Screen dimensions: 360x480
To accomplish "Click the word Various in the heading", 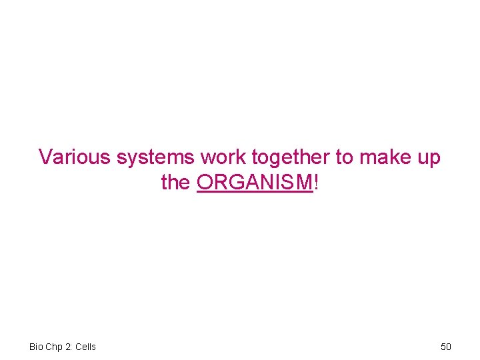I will click(x=75, y=157).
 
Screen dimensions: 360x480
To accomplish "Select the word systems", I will click(x=155, y=158).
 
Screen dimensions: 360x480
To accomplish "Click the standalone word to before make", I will click(x=344, y=157).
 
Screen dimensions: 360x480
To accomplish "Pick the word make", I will click(x=385, y=157).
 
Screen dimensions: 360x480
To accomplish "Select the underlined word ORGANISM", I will click(x=255, y=182).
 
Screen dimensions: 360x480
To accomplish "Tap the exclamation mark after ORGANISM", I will click(x=316, y=182).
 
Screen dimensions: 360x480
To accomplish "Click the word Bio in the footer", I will click(x=36, y=347).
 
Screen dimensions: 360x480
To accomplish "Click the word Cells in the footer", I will click(x=85, y=347).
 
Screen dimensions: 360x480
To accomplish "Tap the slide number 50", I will click(x=446, y=347).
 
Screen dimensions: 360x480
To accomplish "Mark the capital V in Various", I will click(x=45, y=157).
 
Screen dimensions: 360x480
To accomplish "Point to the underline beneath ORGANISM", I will click(x=255, y=192).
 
